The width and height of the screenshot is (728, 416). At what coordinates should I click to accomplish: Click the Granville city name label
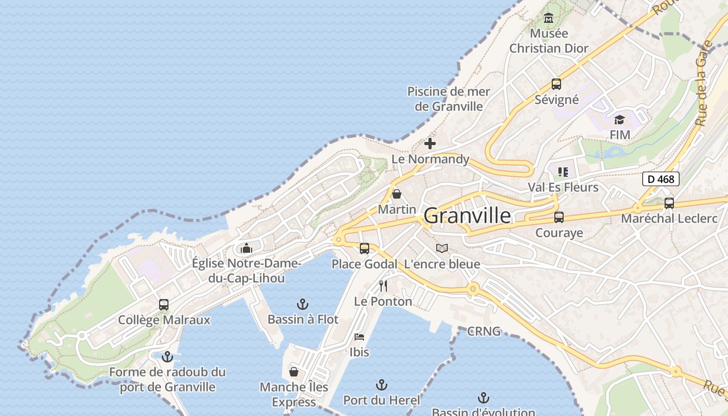pyautogui.click(x=467, y=215)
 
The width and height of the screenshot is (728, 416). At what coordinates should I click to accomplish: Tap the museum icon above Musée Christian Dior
pyautogui.click(x=549, y=19)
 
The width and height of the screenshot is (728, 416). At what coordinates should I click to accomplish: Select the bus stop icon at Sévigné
pyautogui.click(x=556, y=84)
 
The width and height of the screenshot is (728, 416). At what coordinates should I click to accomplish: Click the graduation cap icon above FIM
pyautogui.click(x=619, y=120)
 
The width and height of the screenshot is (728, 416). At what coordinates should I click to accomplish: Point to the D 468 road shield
pyautogui.click(x=661, y=179)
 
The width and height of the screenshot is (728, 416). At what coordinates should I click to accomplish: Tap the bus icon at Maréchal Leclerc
pyautogui.click(x=669, y=203)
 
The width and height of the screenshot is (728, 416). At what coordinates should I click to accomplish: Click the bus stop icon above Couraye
pyautogui.click(x=559, y=217)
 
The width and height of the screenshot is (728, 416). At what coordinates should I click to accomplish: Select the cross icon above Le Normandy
pyautogui.click(x=430, y=144)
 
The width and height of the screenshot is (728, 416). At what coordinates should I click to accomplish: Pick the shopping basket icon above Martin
pyautogui.click(x=397, y=194)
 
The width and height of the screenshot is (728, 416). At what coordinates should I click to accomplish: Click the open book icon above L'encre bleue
pyautogui.click(x=442, y=249)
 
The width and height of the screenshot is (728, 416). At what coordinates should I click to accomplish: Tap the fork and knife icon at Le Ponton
pyautogui.click(x=383, y=285)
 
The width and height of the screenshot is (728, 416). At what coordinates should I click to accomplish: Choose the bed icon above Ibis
pyautogui.click(x=359, y=337)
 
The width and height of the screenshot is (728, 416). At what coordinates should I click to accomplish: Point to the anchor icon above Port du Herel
pyautogui.click(x=382, y=385)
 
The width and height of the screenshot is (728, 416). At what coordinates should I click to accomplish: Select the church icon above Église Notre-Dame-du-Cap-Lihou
pyautogui.click(x=246, y=248)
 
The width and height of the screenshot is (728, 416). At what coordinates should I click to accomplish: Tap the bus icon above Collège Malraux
pyautogui.click(x=164, y=305)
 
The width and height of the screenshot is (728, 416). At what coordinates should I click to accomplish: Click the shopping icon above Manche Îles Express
pyautogui.click(x=294, y=372)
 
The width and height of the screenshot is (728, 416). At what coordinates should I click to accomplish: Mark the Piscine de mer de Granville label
pyautogui.click(x=449, y=99)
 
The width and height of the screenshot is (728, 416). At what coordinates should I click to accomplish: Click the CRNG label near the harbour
pyautogui.click(x=484, y=331)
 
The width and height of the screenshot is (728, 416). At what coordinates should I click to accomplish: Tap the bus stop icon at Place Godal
pyautogui.click(x=365, y=249)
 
